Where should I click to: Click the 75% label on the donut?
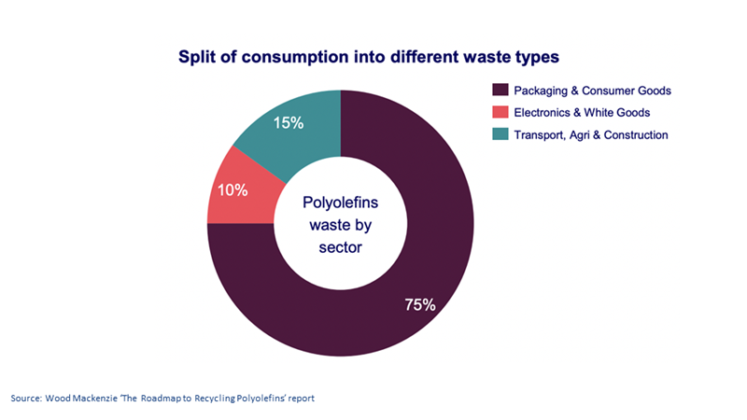pyautogui.click(x=419, y=304)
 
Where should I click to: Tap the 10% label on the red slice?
pyautogui.click(x=233, y=190)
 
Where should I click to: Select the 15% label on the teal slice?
pyautogui.click(x=288, y=122)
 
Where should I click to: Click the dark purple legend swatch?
pyautogui.click(x=499, y=91)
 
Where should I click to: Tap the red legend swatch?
pyautogui.click(x=499, y=113)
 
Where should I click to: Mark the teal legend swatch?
pyautogui.click(x=499, y=135)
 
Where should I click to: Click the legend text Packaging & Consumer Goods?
pyautogui.click(x=592, y=91)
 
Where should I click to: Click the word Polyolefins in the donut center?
pyautogui.click(x=341, y=203)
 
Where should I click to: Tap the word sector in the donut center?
pyautogui.click(x=341, y=248)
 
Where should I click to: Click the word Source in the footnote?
pyautogui.click(x=24, y=399)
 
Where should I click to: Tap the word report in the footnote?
pyautogui.click(x=300, y=399)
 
